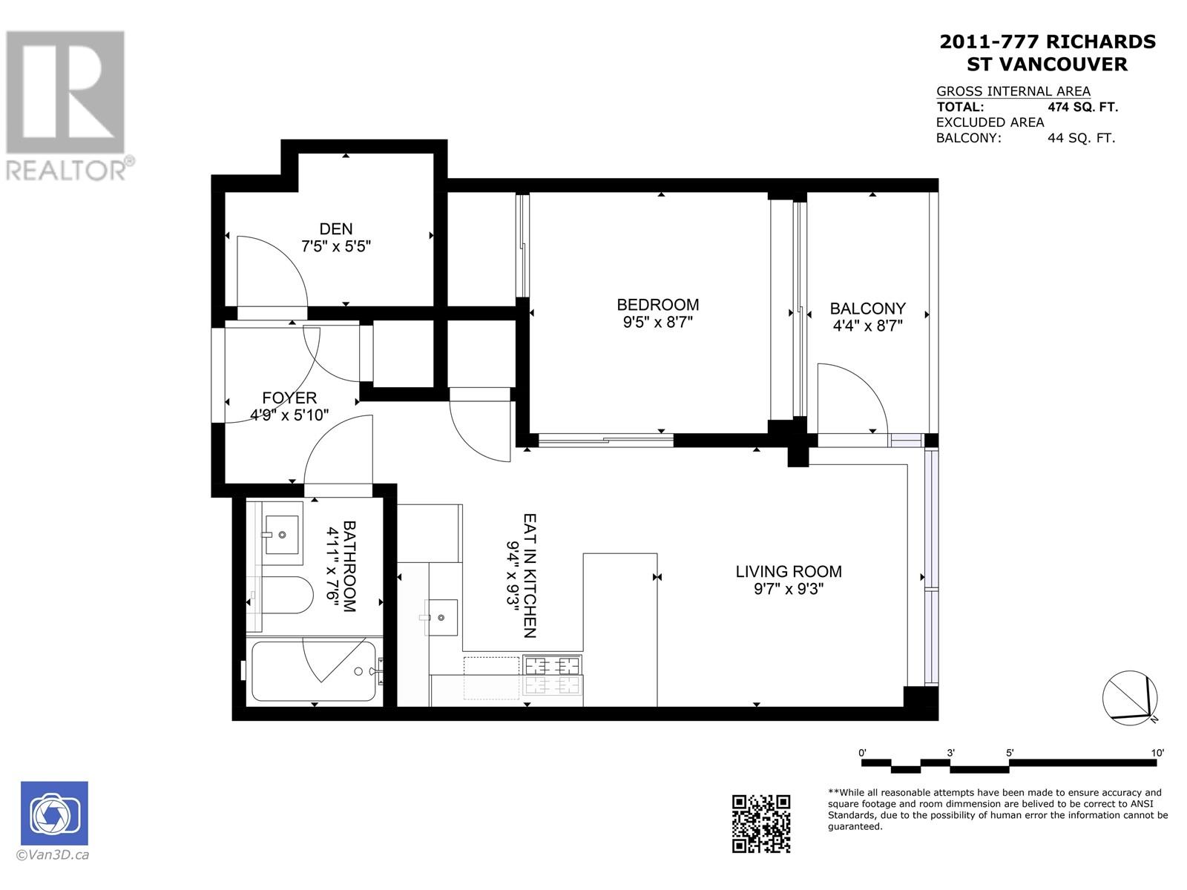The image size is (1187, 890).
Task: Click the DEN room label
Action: point(336,229)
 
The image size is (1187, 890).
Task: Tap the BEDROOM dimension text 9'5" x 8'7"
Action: point(657,323)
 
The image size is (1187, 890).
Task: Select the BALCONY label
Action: point(867,308)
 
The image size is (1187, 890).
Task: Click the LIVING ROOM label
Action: point(788,571)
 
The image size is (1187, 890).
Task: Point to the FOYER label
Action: point(289,398)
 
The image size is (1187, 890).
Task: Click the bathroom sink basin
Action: point(282,534)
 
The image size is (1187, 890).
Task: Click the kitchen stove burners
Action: point(552,675)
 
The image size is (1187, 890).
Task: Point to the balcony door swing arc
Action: point(853,397)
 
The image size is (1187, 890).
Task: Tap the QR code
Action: point(761,823)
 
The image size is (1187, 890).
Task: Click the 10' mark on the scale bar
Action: point(1157,753)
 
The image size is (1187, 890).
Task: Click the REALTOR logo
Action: point(67,104)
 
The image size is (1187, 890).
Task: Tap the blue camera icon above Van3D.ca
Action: point(54,814)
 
